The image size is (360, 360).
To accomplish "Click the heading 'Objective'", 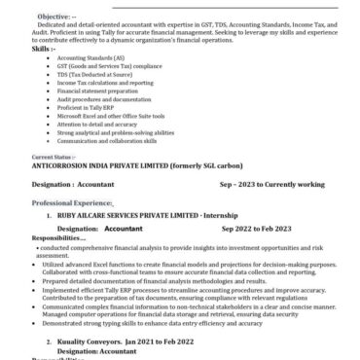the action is [54, 17].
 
